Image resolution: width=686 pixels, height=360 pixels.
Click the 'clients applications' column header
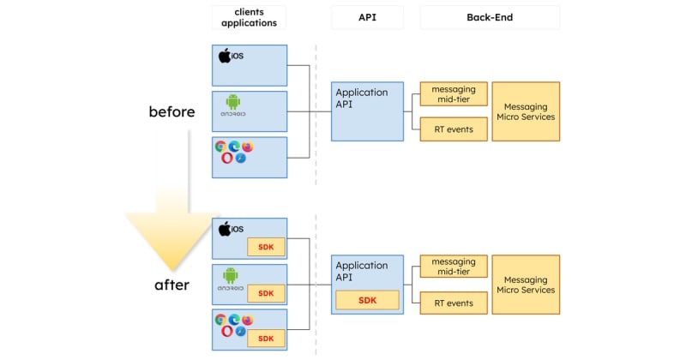[x=249, y=17]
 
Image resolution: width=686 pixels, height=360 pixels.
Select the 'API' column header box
[x=367, y=17]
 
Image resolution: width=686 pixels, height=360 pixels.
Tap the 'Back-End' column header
[x=489, y=17]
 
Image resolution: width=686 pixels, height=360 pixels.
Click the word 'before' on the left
[x=171, y=111]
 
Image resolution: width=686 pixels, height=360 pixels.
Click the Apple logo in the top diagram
[x=224, y=57]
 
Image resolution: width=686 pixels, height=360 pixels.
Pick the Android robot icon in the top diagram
[x=232, y=102]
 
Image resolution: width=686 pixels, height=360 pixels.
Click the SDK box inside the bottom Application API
[x=367, y=300]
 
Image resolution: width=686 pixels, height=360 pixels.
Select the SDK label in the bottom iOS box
[x=266, y=248]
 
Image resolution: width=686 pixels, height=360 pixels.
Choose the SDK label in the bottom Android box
[x=266, y=293]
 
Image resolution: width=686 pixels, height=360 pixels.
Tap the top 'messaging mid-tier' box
[x=454, y=93]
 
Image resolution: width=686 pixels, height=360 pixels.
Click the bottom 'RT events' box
[x=454, y=303]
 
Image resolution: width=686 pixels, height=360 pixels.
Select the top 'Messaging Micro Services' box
[x=526, y=111]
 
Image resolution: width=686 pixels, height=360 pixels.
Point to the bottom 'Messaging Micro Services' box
[x=526, y=285]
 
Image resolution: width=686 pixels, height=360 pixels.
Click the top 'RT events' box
[x=454, y=129]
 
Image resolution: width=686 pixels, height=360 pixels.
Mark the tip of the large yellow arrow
[x=171, y=269]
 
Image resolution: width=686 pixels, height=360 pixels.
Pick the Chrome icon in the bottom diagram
[x=221, y=320]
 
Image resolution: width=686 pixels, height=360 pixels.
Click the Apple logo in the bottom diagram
[x=224, y=229]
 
